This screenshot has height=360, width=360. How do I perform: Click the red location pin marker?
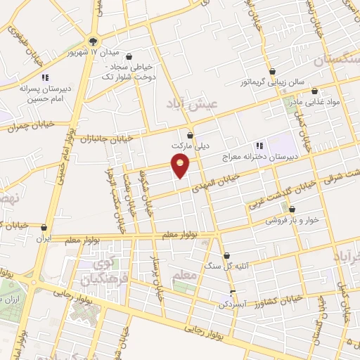tap(181, 165)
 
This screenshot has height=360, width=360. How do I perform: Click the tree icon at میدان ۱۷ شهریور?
tap(94, 40)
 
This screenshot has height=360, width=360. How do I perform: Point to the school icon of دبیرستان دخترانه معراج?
tap(259, 146)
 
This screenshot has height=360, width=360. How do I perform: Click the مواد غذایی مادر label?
tap(313, 103)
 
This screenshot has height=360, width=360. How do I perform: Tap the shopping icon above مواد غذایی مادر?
tap(314, 91)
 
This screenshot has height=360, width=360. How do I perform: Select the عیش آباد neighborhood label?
tap(194, 104)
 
